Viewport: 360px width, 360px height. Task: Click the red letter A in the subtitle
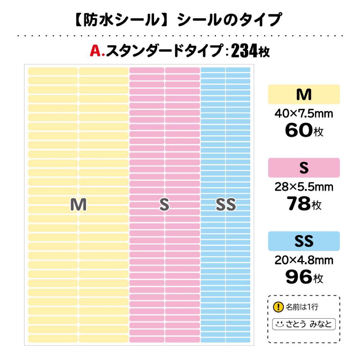(x=95, y=51)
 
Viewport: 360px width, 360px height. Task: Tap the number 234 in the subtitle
(x=244, y=51)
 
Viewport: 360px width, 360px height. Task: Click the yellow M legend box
(x=304, y=95)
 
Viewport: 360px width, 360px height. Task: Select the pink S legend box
(x=304, y=168)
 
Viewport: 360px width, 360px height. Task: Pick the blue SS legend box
(x=304, y=241)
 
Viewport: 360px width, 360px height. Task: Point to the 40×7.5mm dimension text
(x=304, y=114)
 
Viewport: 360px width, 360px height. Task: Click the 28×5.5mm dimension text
(x=304, y=187)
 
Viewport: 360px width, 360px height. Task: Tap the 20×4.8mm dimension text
(x=304, y=260)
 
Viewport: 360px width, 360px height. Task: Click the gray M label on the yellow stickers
(x=78, y=205)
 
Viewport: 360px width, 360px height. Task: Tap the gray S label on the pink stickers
(x=164, y=205)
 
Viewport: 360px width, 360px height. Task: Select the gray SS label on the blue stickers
(x=226, y=205)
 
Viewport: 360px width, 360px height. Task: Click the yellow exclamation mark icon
(x=278, y=307)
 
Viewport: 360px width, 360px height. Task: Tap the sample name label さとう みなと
(x=304, y=324)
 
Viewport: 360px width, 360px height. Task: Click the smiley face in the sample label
(x=280, y=324)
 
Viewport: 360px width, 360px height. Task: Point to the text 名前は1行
(x=302, y=307)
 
